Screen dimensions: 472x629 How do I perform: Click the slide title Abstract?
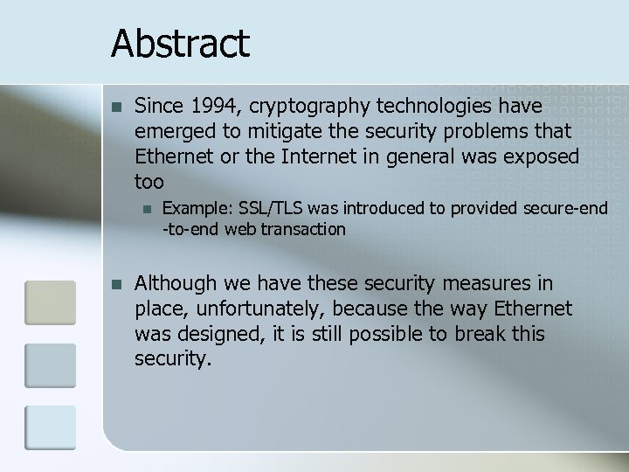click(180, 42)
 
